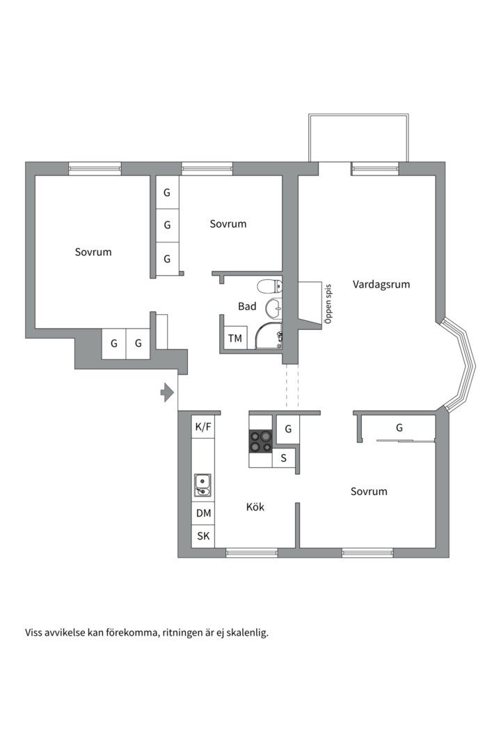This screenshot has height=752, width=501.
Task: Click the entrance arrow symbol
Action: (x=167, y=393)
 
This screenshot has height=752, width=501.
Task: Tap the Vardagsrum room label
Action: (x=381, y=284)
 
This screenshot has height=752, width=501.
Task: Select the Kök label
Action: (x=255, y=507)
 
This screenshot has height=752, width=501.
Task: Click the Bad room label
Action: (x=247, y=306)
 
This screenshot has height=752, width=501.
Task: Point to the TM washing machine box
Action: (x=235, y=338)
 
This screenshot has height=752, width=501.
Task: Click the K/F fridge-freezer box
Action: (x=203, y=426)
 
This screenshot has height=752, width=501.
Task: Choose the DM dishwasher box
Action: (x=203, y=513)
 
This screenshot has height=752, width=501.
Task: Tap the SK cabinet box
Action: (x=203, y=536)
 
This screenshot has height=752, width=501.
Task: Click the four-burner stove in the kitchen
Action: (x=260, y=441)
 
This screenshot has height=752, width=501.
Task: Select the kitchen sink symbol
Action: (x=202, y=485)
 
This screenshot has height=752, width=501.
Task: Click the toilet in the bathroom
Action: (x=269, y=287)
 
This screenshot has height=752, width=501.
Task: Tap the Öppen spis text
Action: (x=328, y=304)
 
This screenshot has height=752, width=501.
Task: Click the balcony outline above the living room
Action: (x=358, y=115)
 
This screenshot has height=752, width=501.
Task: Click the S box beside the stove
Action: (x=284, y=458)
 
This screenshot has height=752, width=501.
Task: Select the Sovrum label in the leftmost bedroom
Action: (x=93, y=252)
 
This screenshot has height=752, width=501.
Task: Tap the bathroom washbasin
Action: (x=273, y=308)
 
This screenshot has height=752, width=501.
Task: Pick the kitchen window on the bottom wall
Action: (x=252, y=553)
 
